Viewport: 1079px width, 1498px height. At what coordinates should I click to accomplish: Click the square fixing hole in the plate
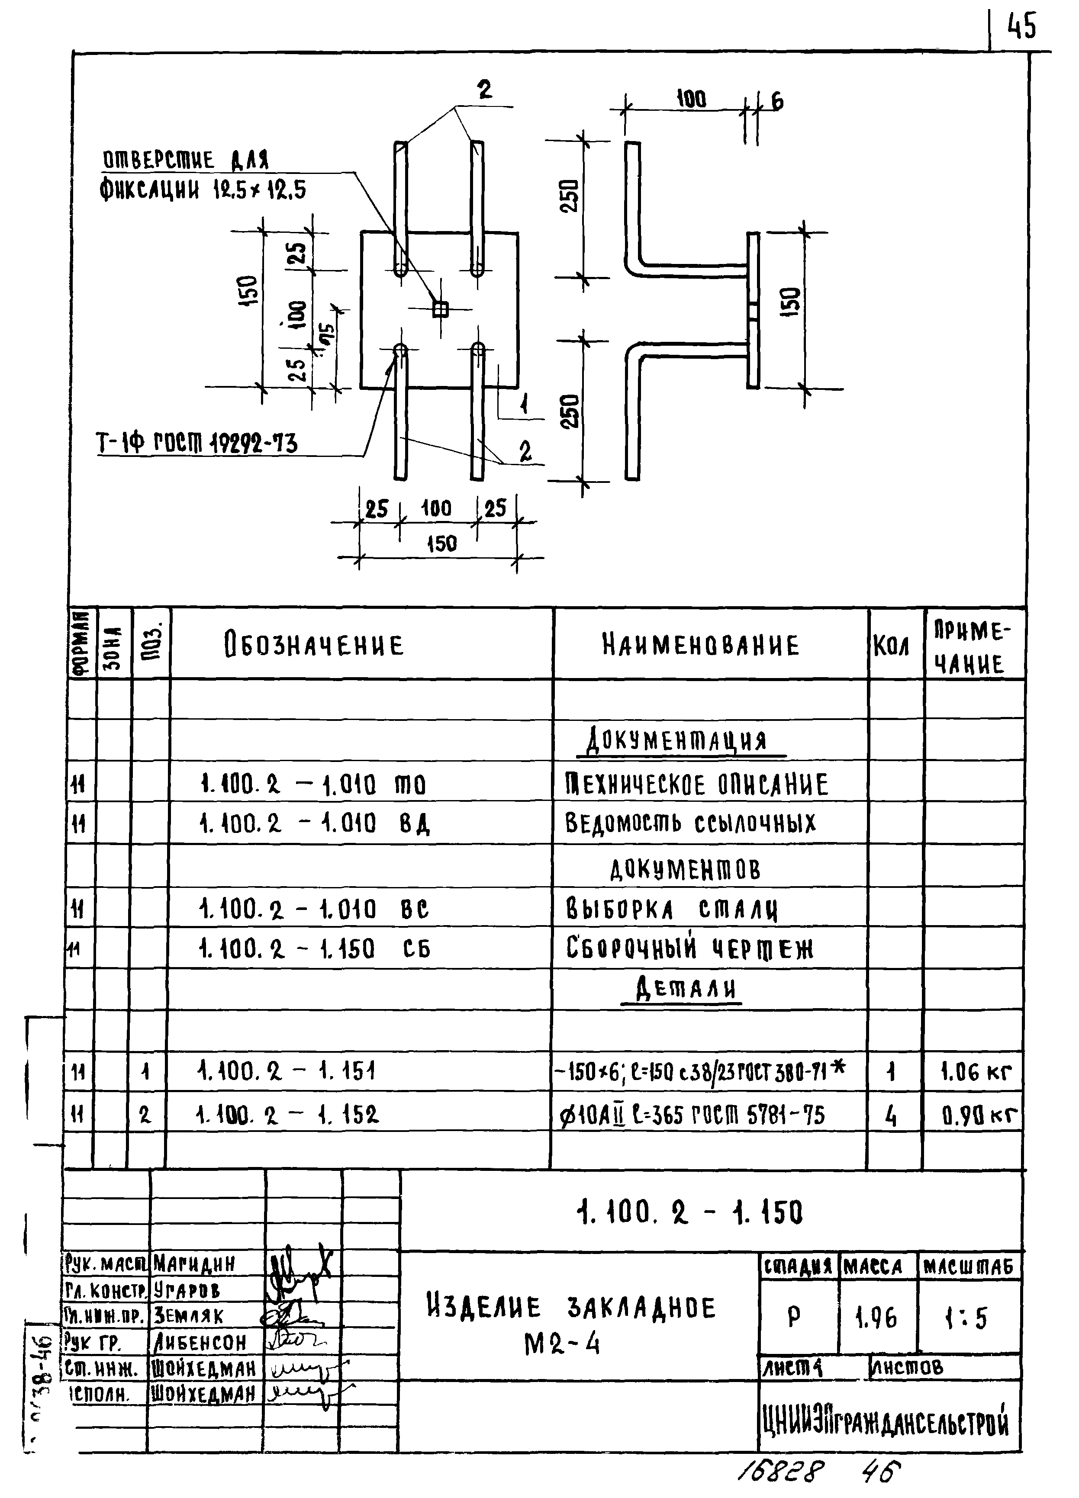439,309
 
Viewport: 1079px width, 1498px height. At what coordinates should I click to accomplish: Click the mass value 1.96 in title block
877,1318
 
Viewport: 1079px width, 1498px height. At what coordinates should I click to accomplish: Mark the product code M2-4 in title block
562,1344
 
